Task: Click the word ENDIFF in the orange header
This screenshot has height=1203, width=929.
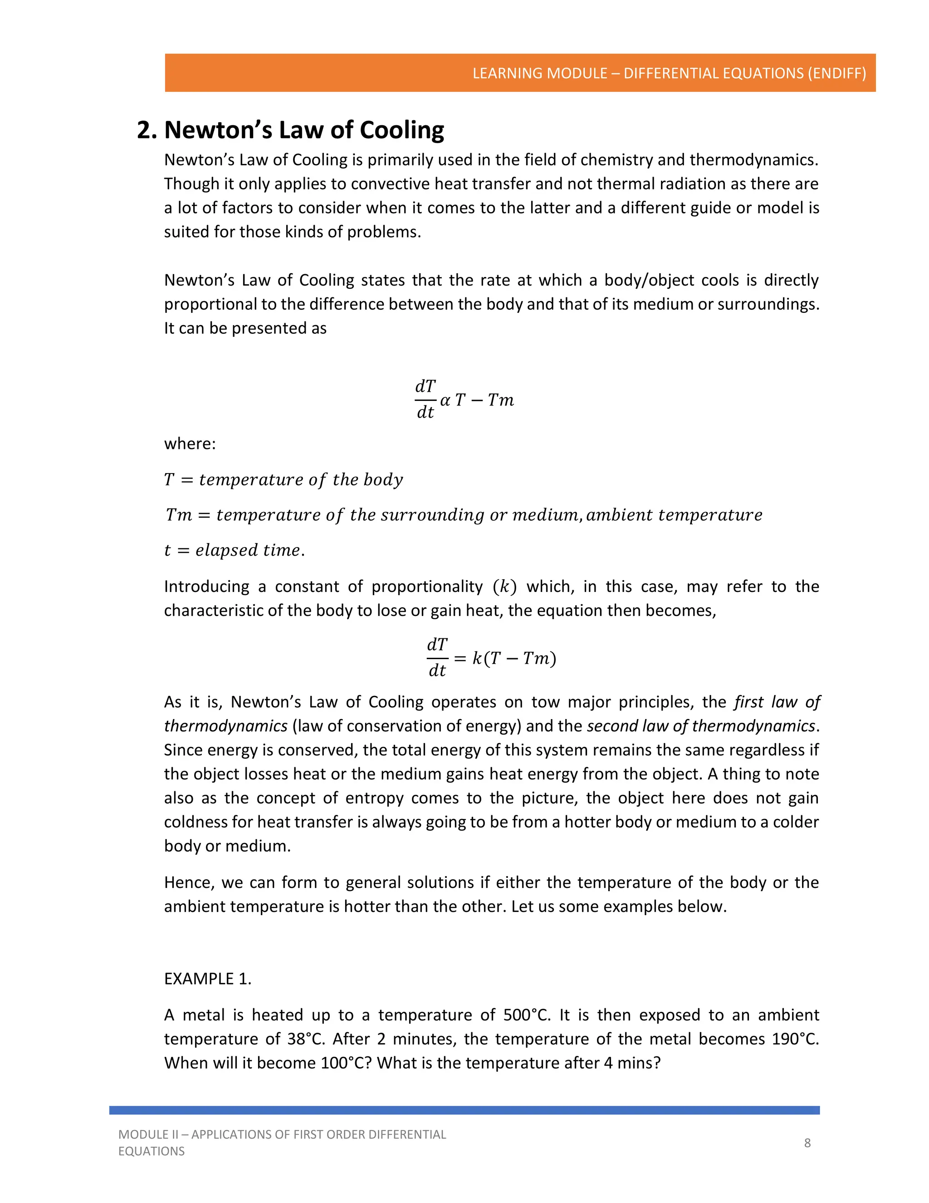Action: [x=836, y=73]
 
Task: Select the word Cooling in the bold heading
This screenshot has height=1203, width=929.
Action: [x=402, y=130]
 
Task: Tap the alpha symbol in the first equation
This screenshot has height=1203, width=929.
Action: [x=445, y=400]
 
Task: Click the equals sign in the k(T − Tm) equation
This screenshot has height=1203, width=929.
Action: [x=460, y=658]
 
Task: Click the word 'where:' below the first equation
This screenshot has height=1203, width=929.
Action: [x=190, y=444]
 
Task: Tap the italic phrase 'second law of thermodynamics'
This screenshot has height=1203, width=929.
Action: [x=700, y=726]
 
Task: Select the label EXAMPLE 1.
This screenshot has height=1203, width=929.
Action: [x=207, y=979]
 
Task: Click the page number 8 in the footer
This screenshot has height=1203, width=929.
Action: [x=807, y=1143]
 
